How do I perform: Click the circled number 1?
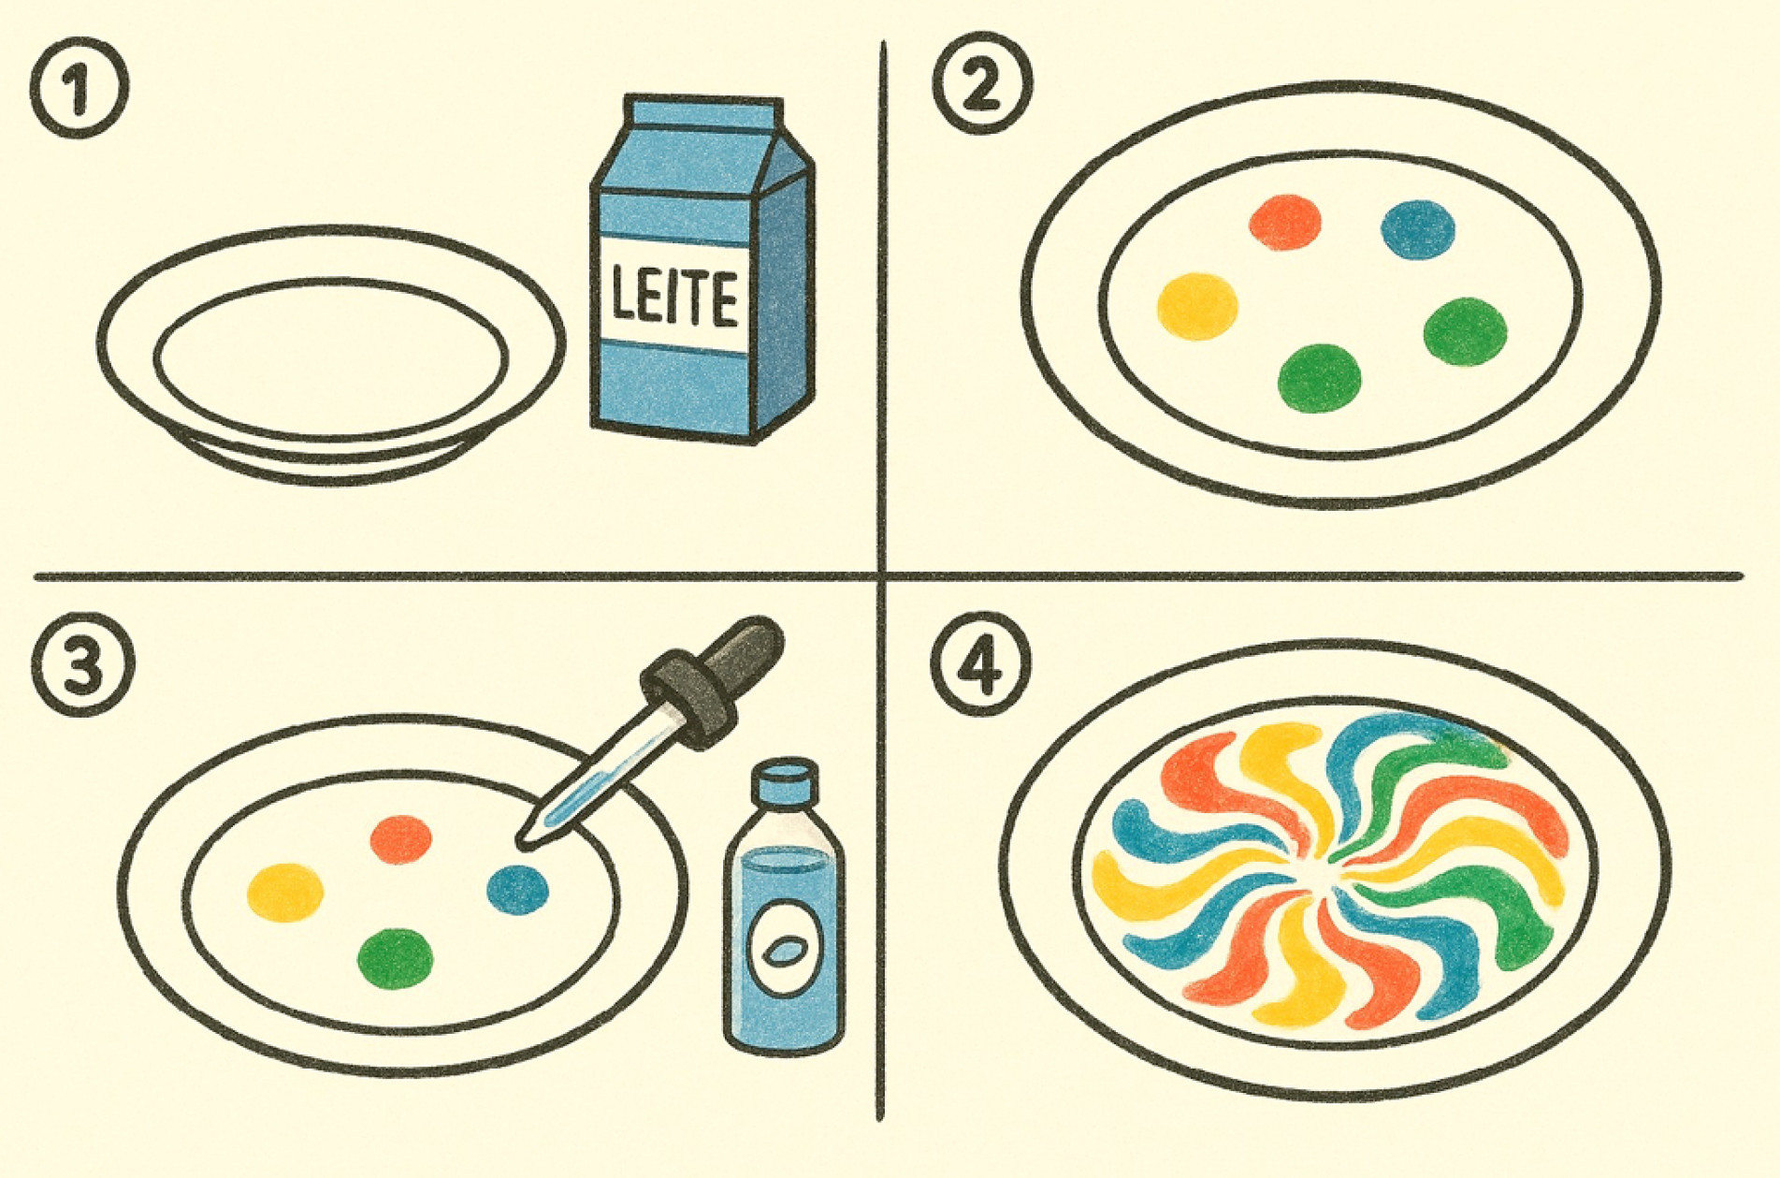79,90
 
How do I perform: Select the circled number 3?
83,664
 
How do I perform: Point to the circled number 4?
981,666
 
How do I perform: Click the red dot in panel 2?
1285,222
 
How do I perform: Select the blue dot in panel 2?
1418,229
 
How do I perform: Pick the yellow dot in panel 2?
1197,306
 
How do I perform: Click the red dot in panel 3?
400,838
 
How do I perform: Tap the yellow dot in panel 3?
285,892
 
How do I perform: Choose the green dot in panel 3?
395,958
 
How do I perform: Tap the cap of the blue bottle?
787,780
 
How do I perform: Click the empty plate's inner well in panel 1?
330,356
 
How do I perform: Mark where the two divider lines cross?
881,574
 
